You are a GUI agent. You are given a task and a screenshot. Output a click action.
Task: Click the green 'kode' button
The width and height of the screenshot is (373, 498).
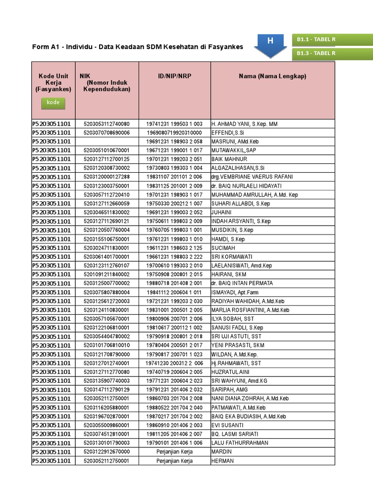tap(53, 103)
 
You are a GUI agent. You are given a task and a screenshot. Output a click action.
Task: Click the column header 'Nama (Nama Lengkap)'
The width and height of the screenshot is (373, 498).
tap(272, 76)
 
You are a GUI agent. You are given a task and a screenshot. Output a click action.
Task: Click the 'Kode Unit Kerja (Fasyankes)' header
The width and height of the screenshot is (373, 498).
tap(53, 83)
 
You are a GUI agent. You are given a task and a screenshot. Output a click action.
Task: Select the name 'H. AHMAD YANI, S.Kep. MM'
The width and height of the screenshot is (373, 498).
tap(244, 124)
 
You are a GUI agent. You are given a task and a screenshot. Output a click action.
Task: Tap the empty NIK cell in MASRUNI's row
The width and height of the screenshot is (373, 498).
tap(107, 142)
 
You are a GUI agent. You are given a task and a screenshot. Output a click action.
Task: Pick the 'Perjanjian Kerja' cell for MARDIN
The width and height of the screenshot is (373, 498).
tap(174, 452)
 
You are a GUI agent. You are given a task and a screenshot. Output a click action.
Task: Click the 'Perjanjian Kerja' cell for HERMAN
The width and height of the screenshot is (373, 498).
tap(174, 461)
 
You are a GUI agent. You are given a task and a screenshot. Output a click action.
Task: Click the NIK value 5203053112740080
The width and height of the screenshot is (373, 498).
tap(107, 124)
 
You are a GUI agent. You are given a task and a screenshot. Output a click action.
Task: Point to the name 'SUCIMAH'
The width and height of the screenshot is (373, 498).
tap(223, 248)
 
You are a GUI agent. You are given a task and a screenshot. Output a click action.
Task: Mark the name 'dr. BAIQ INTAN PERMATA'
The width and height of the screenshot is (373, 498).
tap(242, 283)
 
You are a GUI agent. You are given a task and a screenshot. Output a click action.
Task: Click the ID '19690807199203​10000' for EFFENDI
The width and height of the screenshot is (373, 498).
tap(174, 133)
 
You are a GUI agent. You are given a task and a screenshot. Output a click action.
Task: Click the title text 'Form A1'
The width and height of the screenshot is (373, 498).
tap(46, 47)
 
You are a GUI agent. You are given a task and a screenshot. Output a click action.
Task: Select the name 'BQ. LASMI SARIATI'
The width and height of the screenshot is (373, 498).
tap(235, 434)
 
